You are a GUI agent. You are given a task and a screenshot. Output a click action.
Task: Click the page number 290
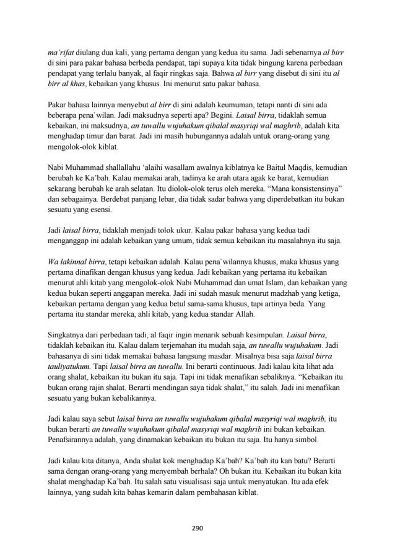(x=197, y=528)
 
